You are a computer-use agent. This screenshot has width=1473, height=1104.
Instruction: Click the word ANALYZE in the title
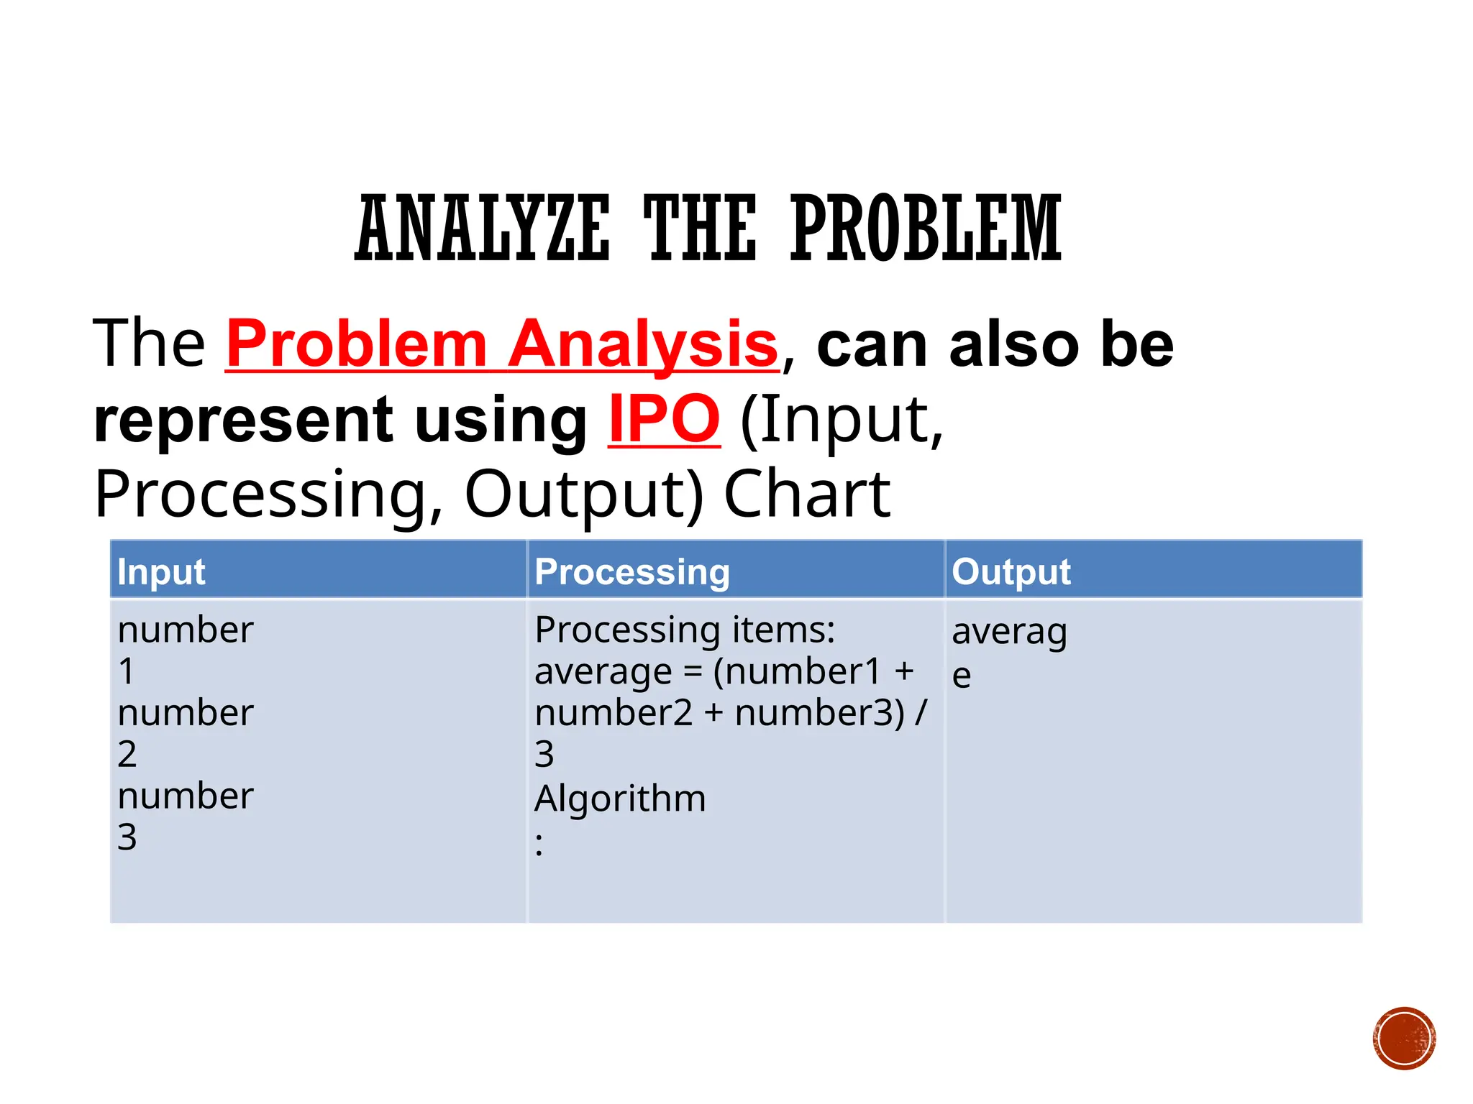coord(482,229)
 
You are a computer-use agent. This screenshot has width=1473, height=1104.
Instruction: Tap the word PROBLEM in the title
coord(926,229)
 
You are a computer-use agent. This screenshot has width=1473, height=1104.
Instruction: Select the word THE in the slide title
coord(699,229)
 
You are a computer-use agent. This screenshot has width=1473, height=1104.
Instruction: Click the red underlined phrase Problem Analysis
coord(502,345)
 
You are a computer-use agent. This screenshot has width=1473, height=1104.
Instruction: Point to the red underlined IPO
coord(663,420)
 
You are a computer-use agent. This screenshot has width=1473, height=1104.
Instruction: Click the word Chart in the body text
coord(807,494)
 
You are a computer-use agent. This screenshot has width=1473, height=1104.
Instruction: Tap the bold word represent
coord(243,421)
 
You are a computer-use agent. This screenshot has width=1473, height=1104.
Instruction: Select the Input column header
coord(162,572)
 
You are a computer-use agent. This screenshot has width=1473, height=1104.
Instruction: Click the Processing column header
coord(632,572)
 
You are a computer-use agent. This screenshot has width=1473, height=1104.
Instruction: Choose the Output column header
coord(1011,572)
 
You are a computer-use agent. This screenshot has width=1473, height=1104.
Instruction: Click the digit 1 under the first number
coord(127,671)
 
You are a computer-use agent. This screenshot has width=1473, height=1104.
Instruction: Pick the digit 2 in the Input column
coord(127,754)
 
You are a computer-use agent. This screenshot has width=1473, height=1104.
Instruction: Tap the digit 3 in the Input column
coord(127,837)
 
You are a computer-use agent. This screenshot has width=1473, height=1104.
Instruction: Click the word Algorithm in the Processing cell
coord(620,799)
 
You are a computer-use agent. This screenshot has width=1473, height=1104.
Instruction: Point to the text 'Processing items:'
coord(685,630)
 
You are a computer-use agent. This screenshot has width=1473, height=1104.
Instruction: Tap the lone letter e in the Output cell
coord(961,676)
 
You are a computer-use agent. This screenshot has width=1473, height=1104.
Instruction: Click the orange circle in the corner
coord(1404,1039)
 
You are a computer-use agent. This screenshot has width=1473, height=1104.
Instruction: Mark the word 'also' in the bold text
coord(1015,345)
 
